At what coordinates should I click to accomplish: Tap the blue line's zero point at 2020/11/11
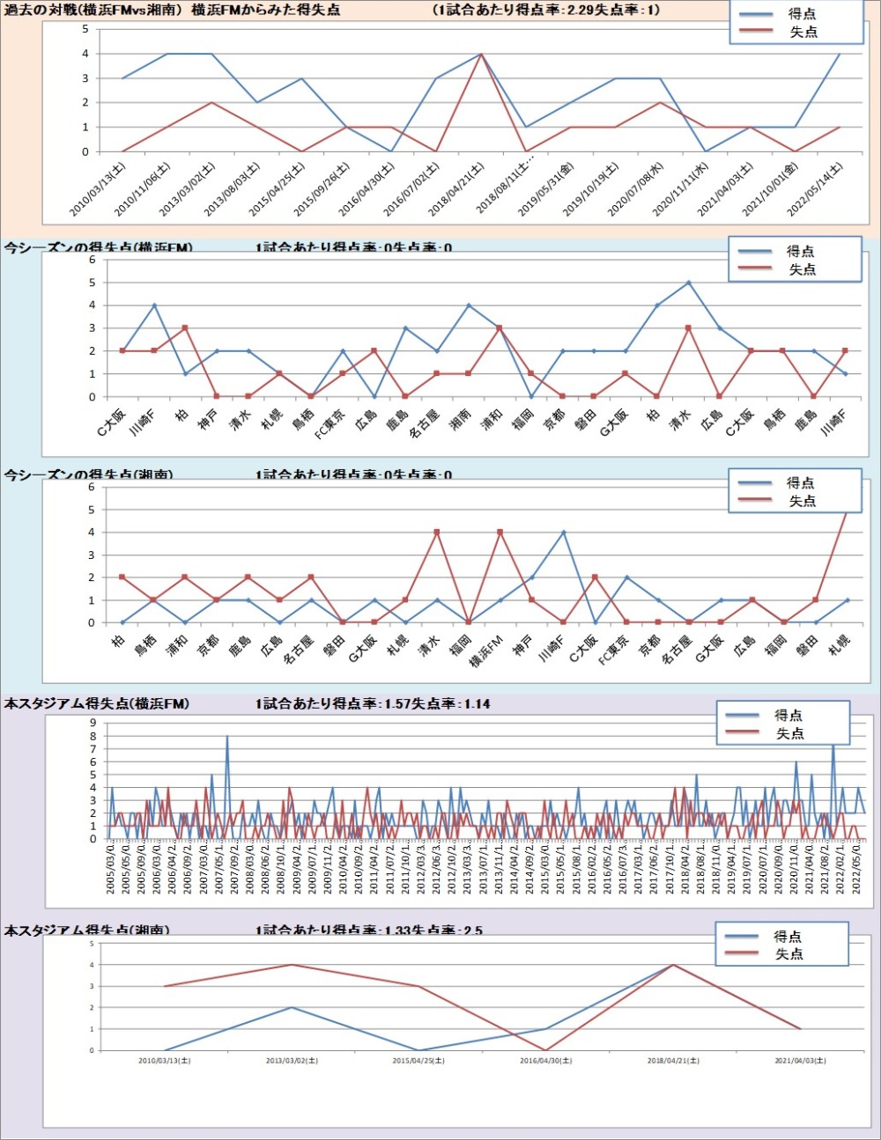[x=704, y=151]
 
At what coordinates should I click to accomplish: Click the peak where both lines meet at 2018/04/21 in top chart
[x=480, y=54]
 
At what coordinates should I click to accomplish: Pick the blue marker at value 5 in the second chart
[x=688, y=283]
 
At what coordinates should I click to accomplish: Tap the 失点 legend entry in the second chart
[x=802, y=269]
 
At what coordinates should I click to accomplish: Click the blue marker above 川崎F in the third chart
[x=564, y=532]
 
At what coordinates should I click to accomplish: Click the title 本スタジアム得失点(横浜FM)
[x=97, y=703]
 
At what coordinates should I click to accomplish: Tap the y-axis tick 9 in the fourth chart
[x=93, y=723]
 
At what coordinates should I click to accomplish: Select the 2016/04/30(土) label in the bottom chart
[x=545, y=1061]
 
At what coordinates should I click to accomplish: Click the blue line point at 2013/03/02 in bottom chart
[x=292, y=1007]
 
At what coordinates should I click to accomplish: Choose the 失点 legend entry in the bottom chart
[x=788, y=954]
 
